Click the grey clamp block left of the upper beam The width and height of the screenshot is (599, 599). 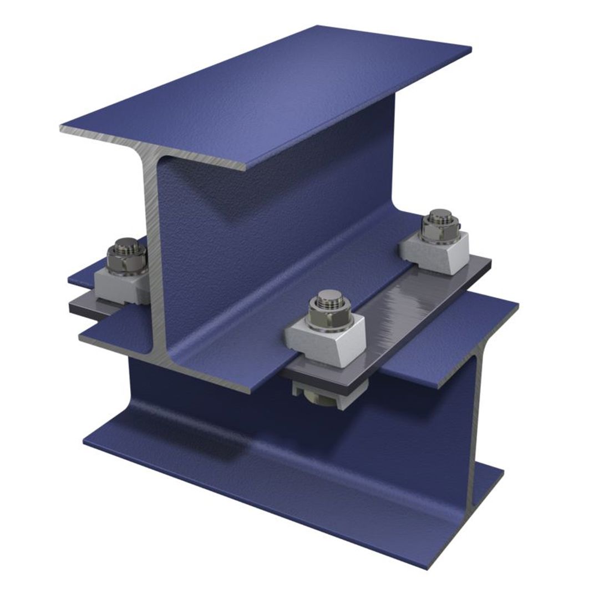(x=119, y=286)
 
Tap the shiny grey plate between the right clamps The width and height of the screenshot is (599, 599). (x=422, y=299)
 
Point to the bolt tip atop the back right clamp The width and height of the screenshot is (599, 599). (x=440, y=214)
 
